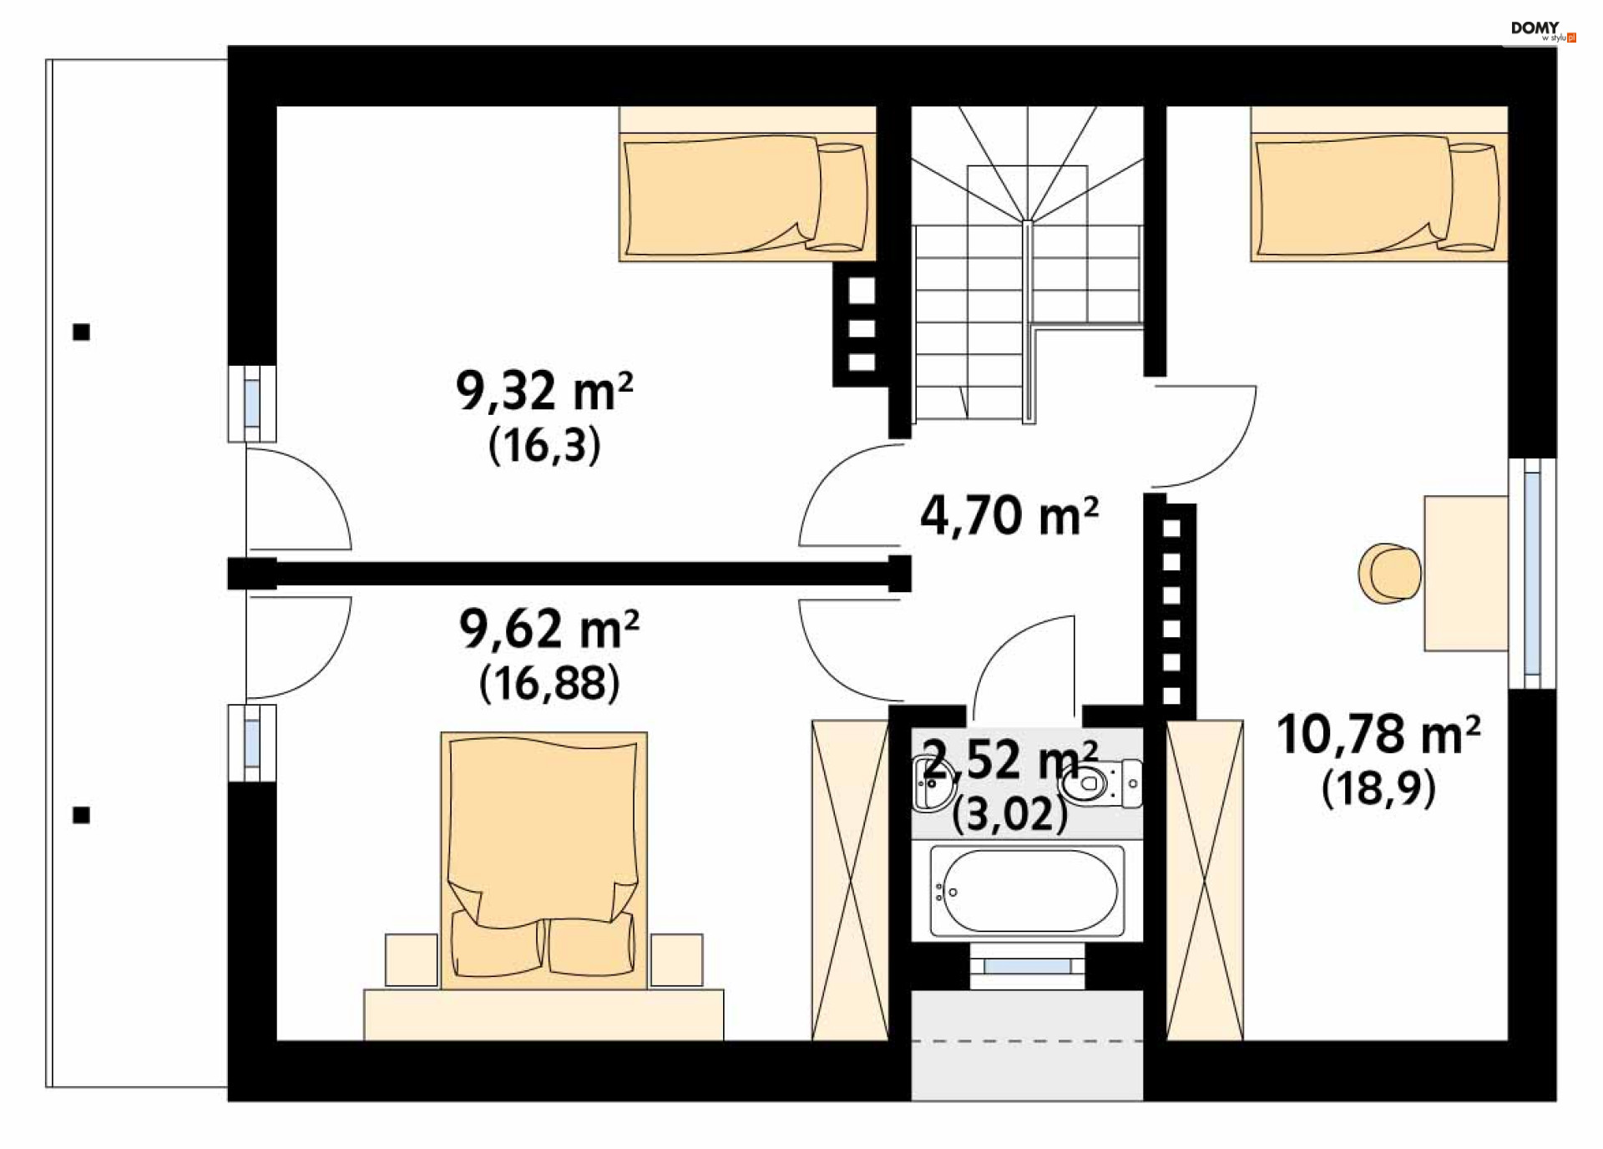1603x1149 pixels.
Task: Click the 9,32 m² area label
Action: pos(544,391)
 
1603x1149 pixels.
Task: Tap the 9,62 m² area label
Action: pos(549,629)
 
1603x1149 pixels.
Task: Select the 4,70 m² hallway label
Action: pos(1009,515)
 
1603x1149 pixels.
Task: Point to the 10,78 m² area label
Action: pos(1378,734)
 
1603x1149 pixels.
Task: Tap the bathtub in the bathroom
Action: pos(1027,891)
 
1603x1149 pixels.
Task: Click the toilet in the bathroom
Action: pos(1100,783)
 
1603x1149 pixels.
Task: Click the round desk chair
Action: pos(1389,573)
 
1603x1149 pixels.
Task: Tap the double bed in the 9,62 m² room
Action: pos(544,860)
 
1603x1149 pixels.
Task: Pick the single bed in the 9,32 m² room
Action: pos(747,196)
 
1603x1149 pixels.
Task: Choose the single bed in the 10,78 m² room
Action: pos(1378,196)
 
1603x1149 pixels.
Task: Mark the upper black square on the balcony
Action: pos(81,332)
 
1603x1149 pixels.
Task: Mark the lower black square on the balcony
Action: pos(81,815)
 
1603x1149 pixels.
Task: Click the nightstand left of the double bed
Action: pos(411,959)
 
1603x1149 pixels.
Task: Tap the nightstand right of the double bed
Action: pos(676,959)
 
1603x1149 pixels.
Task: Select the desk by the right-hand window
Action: pos(1466,573)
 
